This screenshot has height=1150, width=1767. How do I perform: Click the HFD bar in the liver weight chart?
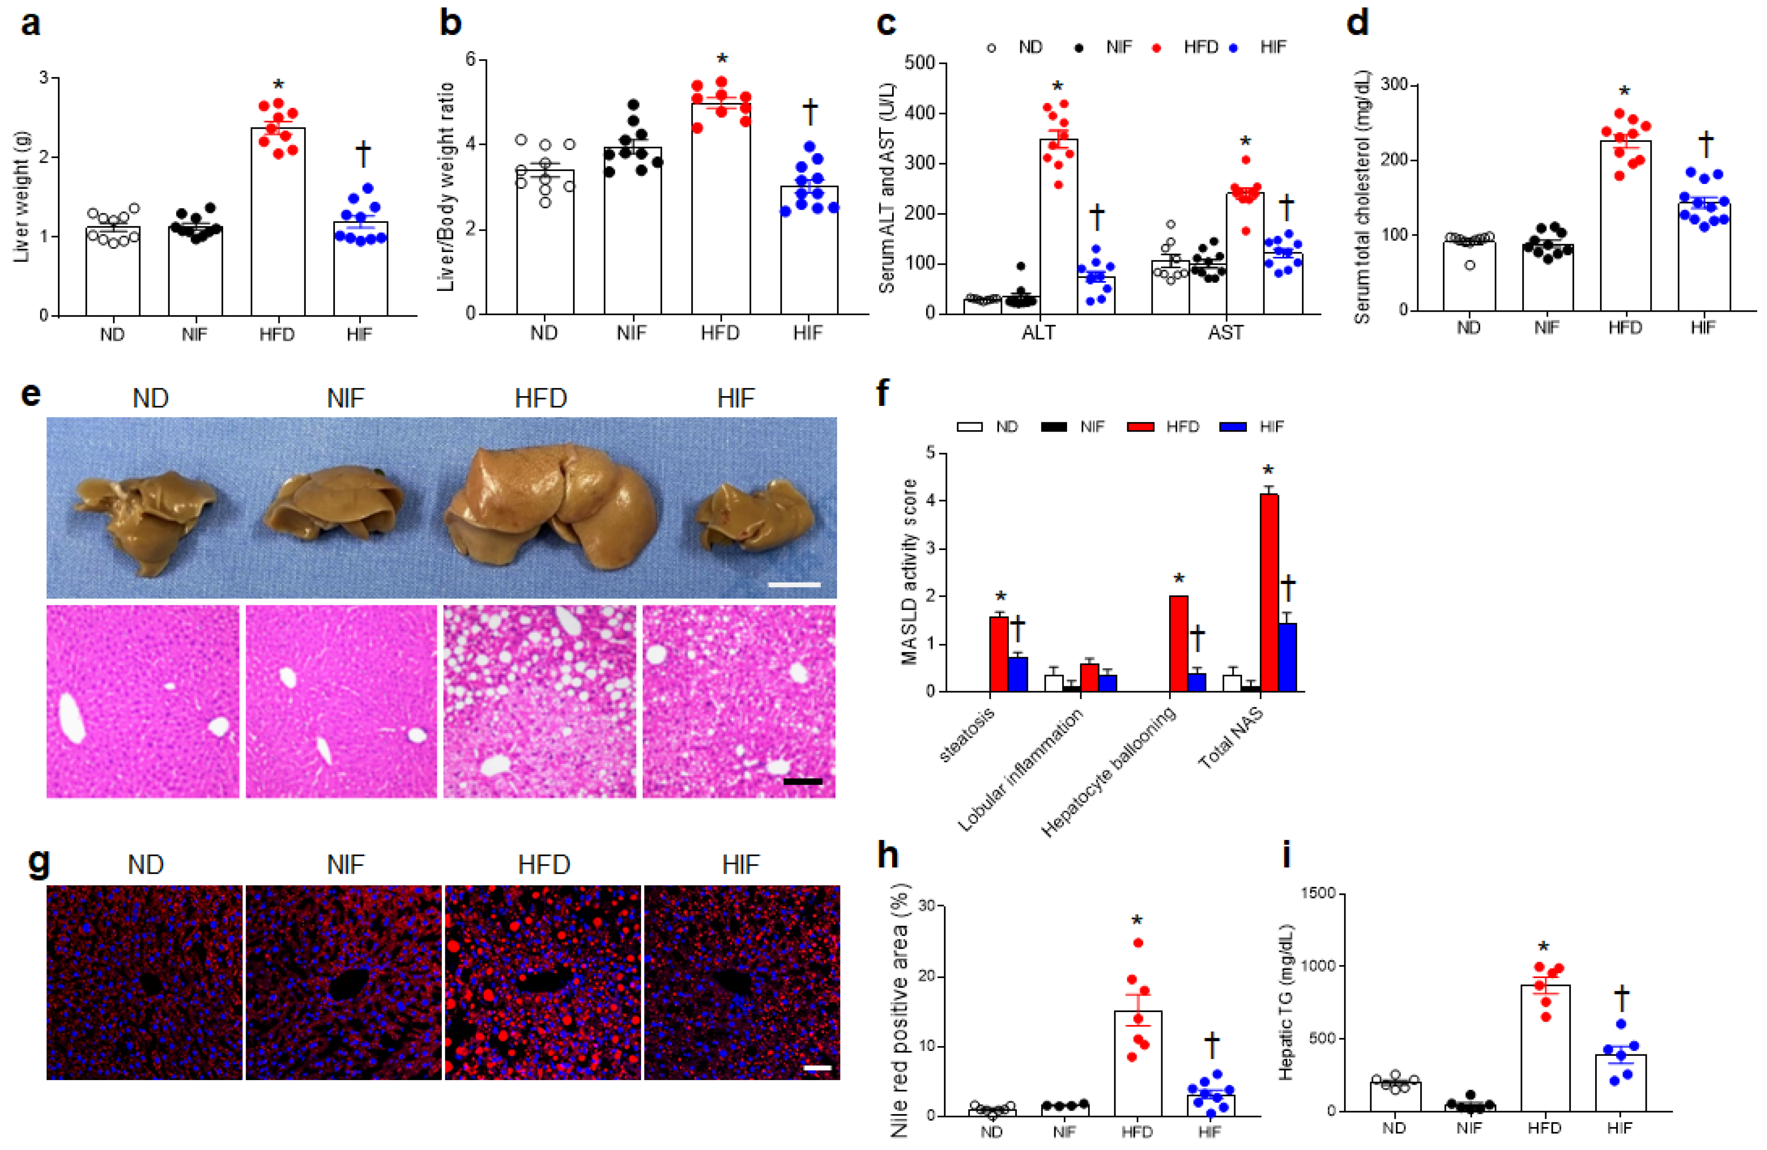277,223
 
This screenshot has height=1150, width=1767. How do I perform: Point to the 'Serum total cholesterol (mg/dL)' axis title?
1362,197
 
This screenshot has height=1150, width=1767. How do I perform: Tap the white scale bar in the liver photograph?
794,585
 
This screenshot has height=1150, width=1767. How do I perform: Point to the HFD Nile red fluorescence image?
543,982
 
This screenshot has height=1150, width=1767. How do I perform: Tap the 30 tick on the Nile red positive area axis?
925,906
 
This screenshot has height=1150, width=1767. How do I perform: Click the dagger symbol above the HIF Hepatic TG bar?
1622,998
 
